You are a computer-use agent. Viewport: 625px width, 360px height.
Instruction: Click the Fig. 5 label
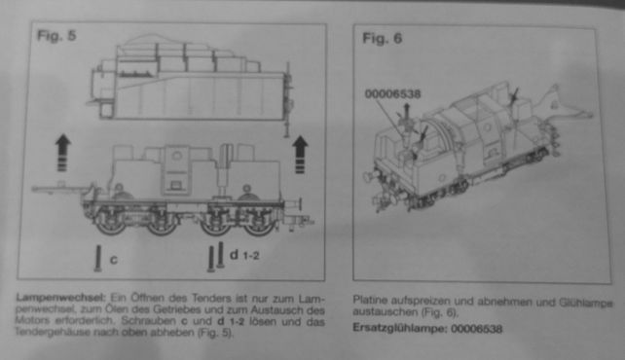(x=56, y=35)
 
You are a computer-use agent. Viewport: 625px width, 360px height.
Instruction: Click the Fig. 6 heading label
(x=382, y=38)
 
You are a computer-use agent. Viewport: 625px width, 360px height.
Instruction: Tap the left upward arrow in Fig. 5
(x=62, y=153)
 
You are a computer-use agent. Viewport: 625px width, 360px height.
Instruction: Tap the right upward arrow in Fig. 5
(x=300, y=155)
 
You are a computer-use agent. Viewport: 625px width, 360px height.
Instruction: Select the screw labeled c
(x=98, y=259)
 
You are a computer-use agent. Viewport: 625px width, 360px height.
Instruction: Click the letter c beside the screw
(x=114, y=260)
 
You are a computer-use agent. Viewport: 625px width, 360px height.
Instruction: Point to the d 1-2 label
(x=244, y=255)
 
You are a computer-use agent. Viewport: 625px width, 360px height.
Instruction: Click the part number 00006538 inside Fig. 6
(x=392, y=94)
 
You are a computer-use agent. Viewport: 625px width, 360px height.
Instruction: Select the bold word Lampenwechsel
(x=60, y=297)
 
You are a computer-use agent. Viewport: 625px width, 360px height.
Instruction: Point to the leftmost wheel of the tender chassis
(x=110, y=222)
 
